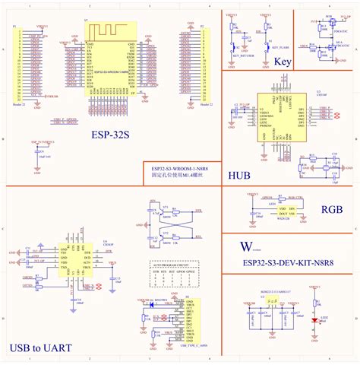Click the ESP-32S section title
pyautogui.click(x=109, y=135)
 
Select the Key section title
pyautogui.click(x=282, y=62)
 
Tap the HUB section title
pyautogui.click(x=239, y=175)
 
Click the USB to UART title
pyautogui.click(x=43, y=348)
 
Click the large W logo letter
pyautogui.click(x=245, y=247)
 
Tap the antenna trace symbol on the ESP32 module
pyautogui.click(x=109, y=31)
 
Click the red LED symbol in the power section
pyautogui.click(x=314, y=320)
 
